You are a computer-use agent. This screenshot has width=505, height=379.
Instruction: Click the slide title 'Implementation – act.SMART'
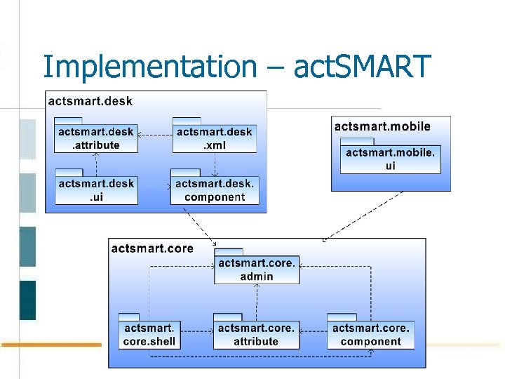coord(235,67)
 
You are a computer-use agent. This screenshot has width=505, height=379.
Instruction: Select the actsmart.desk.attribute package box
coord(95,138)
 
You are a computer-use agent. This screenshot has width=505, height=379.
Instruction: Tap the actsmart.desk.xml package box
coord(215,138)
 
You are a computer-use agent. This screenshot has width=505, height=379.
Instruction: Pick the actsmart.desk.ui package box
coord(96,190)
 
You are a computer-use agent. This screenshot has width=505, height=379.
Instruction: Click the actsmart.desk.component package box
coord(215,190)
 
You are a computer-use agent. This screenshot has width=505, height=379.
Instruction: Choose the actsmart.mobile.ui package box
coord(391,159)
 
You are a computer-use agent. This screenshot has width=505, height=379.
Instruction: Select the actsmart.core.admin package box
coord(257,270)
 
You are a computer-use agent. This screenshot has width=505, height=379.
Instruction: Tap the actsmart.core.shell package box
coord(149,335)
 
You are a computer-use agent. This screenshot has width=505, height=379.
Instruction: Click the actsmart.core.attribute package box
coord(256,335)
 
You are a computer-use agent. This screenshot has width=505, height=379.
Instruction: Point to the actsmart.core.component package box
coord(370,335)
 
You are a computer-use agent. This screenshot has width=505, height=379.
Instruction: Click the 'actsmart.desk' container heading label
coord(90,101)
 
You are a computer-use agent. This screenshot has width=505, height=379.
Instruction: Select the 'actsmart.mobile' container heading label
coord(382,126)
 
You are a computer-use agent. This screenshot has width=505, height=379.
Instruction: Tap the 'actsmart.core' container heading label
coord(152,248)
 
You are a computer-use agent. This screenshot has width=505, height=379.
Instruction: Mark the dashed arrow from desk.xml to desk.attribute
coord(155,135)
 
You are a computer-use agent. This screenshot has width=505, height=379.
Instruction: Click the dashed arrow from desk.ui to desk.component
coord(154,187)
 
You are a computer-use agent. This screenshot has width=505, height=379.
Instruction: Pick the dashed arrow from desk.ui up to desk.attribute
coord(96,164)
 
